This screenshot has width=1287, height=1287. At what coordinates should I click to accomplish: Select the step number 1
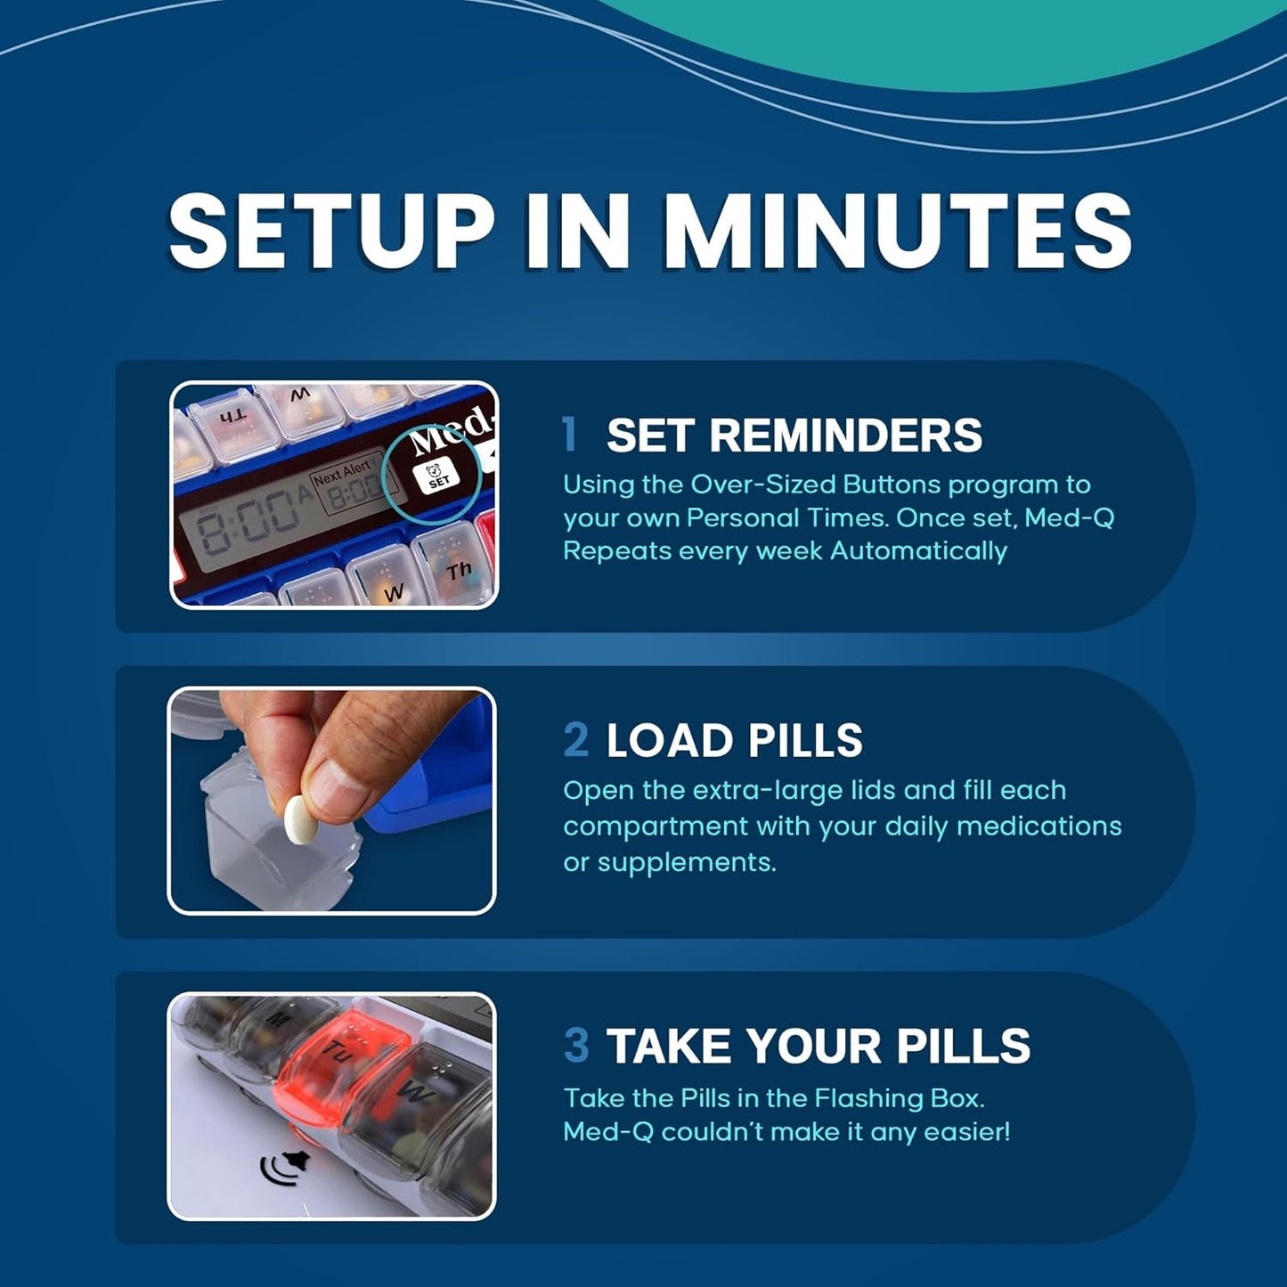tap(570, 435)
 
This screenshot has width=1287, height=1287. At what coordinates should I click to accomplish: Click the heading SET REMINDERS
tap(794, 436)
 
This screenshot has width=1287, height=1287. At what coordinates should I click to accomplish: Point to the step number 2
tap(576, 740)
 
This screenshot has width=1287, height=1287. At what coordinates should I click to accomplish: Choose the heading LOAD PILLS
tap(734, 741)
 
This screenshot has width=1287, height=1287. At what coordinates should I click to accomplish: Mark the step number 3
tap(576, 1046)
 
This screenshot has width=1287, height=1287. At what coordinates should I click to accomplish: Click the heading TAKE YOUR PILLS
tap(818, 1047)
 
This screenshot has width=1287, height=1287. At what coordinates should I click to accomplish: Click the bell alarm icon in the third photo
tap(285, 1166)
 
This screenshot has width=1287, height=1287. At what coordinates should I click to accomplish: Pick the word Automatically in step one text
tap(917, 551)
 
